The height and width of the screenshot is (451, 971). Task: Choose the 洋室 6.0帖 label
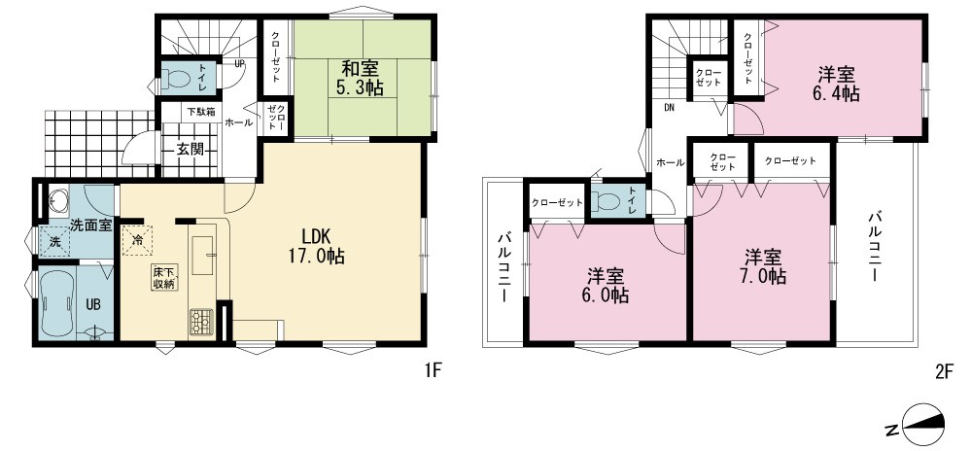(605, 285)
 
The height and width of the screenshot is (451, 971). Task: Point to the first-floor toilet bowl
(178, 79)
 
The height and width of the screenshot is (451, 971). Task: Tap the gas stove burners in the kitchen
(200, 322)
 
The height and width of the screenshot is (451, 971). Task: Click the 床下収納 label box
(164, 278)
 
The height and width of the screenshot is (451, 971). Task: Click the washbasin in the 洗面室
(59, 200)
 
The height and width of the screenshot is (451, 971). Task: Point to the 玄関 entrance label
(190, 150)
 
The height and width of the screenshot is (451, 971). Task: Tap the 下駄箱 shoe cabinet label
(201, 112)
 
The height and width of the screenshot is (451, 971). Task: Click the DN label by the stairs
(670, 107)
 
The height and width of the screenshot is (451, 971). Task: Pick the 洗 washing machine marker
(55, 242)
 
